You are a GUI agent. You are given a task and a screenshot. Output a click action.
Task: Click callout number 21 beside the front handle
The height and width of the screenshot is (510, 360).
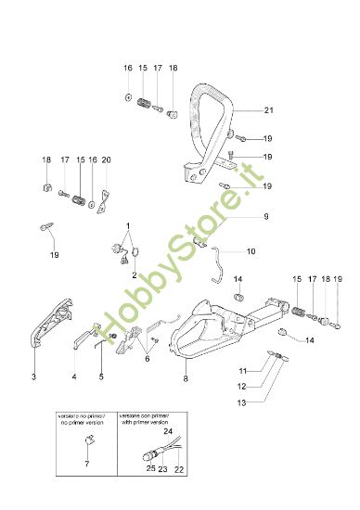[268, 110]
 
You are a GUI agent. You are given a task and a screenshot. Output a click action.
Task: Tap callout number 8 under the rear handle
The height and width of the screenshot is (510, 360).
[186, 377]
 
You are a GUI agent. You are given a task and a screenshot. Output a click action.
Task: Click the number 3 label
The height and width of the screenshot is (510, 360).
[34, 377]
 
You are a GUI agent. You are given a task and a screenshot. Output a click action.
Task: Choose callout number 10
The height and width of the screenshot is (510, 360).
[251, 251]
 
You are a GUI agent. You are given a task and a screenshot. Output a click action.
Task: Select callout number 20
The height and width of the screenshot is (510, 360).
[106, 159]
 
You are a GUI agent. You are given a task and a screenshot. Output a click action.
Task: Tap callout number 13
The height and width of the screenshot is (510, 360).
[266, 402]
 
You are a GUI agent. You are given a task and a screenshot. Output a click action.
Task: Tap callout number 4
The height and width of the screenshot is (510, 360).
[74, 377]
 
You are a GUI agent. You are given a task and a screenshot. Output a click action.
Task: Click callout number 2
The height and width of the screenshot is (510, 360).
[134, 275]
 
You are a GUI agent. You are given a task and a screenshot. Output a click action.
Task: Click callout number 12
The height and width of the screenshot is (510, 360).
[266, 386]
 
